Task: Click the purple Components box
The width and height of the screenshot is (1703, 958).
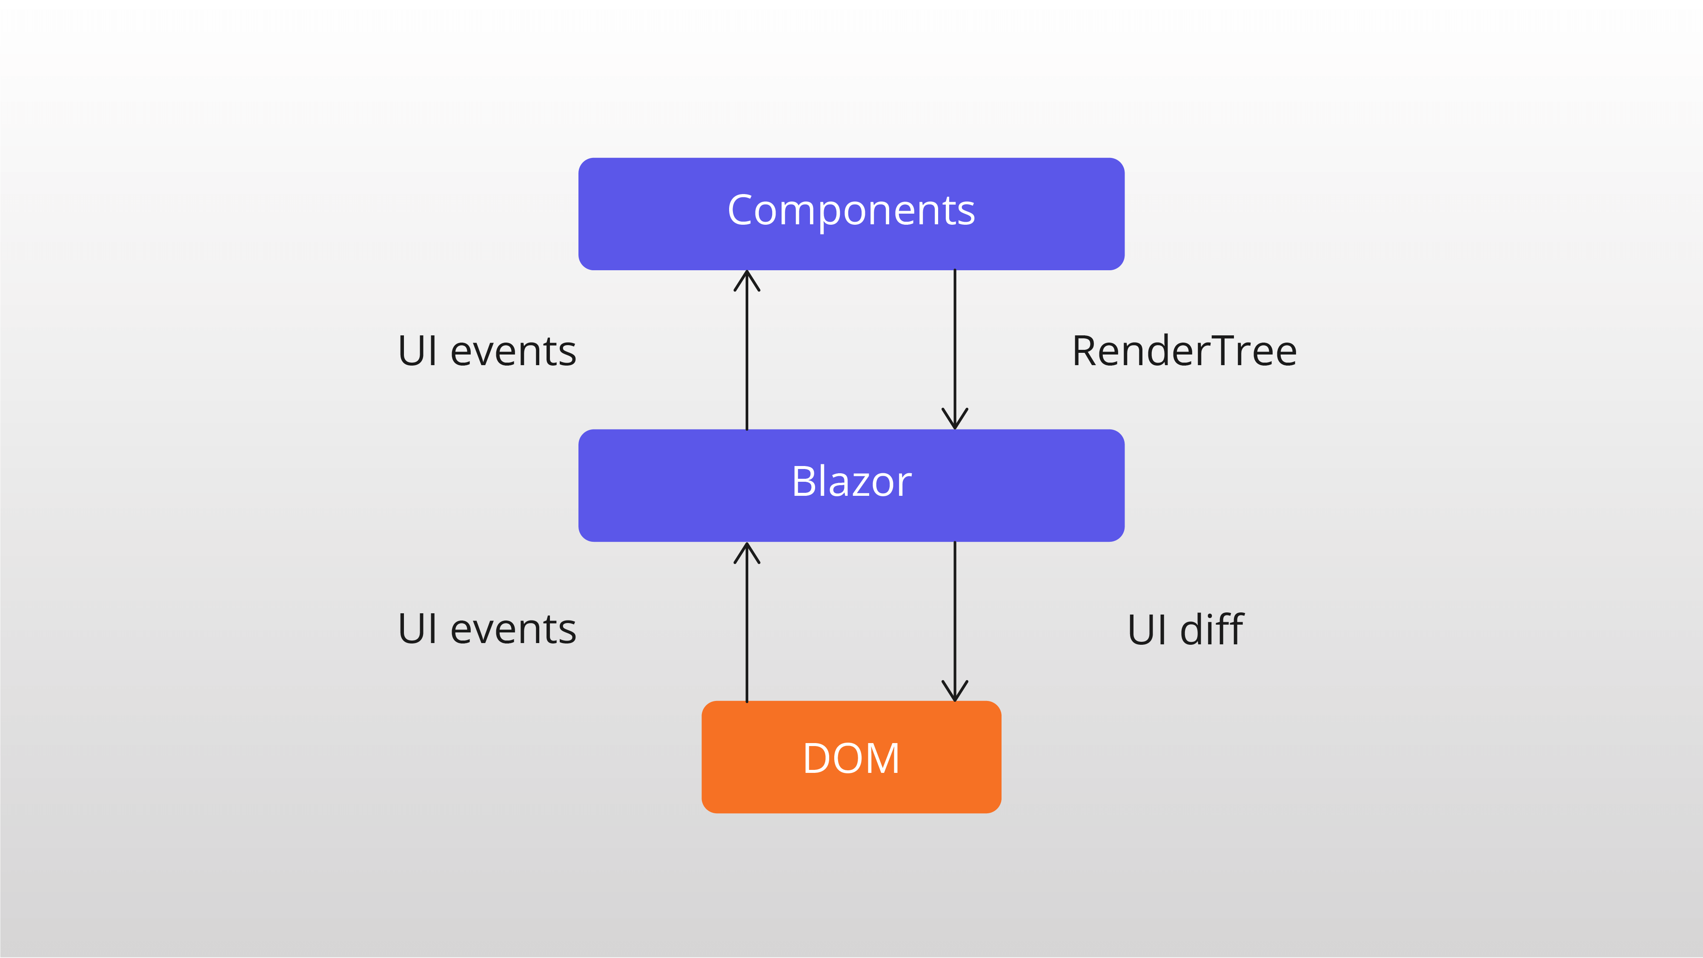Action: [851, 214]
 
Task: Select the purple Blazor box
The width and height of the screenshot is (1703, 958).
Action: [851, 485]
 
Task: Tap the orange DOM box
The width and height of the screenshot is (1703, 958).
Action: [851, 757]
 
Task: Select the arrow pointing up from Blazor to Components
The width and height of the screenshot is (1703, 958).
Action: [747, 350]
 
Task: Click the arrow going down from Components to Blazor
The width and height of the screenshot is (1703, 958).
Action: [955, 349]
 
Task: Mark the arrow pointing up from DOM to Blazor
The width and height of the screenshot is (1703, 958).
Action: [747, 622]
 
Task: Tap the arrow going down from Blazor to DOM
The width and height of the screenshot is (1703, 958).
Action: [955, 621]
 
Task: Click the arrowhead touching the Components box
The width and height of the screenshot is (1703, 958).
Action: [747, 280]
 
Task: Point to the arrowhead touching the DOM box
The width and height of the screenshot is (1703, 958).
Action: [955, 691]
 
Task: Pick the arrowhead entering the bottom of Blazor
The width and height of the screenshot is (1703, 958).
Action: [747, 553]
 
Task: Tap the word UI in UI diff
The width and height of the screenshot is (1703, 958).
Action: [1147, 629]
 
